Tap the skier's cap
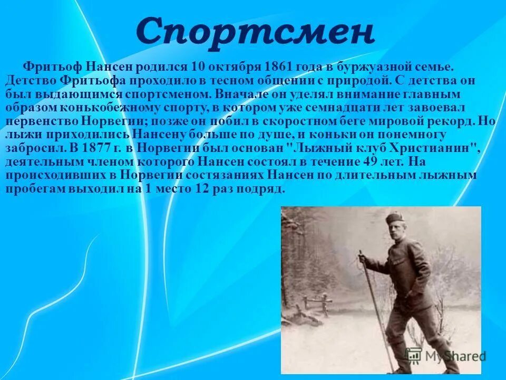coord(395,218)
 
